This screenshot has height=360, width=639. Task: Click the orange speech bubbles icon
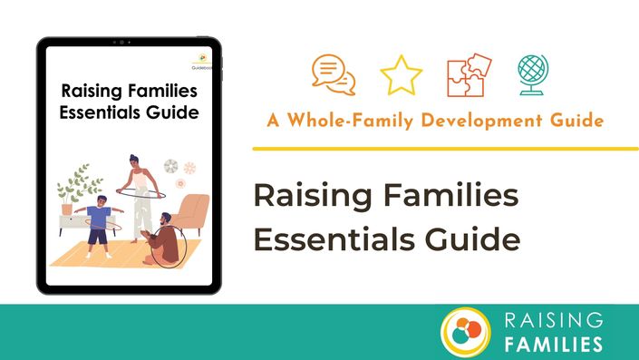click(334, 75)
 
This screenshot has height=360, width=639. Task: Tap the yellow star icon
click(401, 75)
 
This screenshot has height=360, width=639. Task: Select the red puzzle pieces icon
click(470, 75)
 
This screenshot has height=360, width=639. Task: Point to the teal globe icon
click(533, 75)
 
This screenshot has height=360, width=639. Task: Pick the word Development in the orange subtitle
click(481, 121)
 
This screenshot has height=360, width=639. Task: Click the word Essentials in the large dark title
click(334, 238)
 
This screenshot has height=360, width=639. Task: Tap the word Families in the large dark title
click(450, 195)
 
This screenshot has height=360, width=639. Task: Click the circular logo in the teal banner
click(465, 332)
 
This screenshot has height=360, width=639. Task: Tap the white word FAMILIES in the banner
click(554, 344)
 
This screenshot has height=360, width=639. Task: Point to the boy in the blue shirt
click(99, 227)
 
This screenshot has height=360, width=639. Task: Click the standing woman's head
click(134, 161)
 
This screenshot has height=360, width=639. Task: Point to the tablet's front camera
click(121, 42)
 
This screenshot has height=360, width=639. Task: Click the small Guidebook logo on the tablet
click(202, 61)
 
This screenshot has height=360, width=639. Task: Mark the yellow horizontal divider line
click(445, 149)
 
